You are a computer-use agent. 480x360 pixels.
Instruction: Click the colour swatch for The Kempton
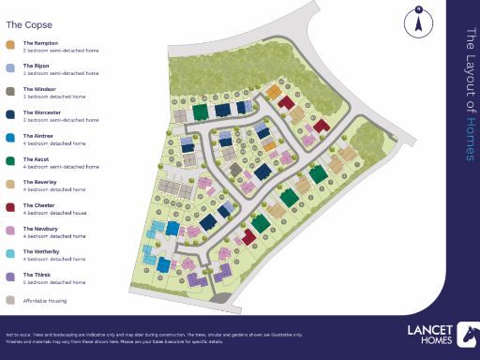click(x=10, y=44)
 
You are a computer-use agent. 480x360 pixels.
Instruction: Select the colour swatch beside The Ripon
click(x=10, y=67)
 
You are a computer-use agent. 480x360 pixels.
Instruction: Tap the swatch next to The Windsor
click(x=10, y=91)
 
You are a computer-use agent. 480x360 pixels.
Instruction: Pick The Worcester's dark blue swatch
click(x=10, y=114)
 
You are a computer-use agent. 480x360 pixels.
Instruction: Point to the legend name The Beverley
click(x=39, y=182)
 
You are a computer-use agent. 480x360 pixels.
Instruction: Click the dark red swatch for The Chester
click(x=10, y=207)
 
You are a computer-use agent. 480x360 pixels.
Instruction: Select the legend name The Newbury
click(x=39, y=228)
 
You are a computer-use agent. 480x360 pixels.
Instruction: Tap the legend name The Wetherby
click(x=40, y=251)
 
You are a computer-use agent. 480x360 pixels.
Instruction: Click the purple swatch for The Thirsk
click(x=10, y=277)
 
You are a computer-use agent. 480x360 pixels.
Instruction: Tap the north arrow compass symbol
click(x=417, y=22)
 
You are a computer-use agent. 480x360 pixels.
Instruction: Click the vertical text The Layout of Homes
click(x=472, y=80)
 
